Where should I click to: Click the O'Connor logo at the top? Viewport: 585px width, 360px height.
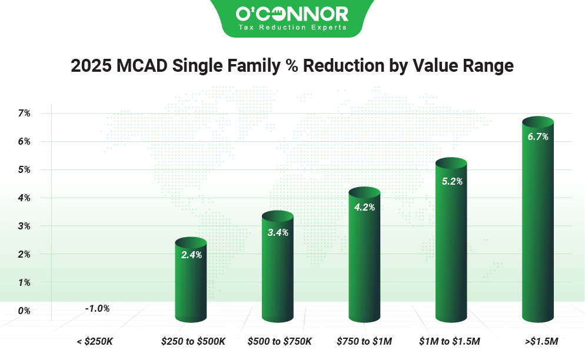[x=292, y=13]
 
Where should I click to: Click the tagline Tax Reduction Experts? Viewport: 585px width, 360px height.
[x=292, y=27]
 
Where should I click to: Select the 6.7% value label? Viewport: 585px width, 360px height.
[x=538, y=137]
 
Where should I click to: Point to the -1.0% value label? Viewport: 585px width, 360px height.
[x=97, y=308]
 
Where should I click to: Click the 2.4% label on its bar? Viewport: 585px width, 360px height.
[x=191, y=255]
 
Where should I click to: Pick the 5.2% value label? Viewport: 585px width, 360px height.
[x=452, y=181]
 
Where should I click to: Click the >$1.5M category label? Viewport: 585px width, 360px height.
[x=538, y=341]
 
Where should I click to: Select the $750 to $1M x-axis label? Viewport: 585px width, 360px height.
[x=364, y=341]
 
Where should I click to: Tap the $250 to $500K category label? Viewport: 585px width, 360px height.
[x=193, y=341]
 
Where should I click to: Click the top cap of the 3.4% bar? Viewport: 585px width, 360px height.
[x=278, y=216]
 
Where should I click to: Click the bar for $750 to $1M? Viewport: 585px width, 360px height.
[x=364, y=265]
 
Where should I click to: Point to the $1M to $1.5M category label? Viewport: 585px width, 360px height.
[x=450, y=341]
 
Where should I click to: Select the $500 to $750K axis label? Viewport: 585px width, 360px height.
[x=279, y=341]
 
